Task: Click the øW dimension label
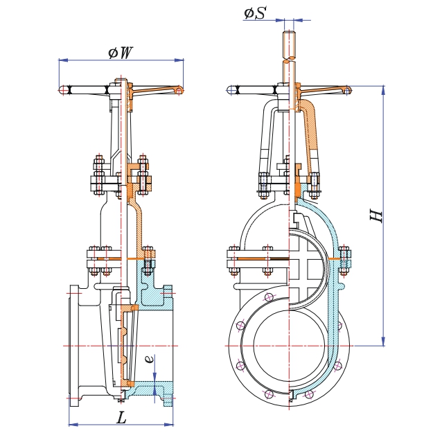tap(121, 53)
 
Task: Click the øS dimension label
tap(255, 12)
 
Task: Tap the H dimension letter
tap(377, 215)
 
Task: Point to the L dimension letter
tap(122, 418)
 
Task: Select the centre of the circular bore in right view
tap(289, 344)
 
